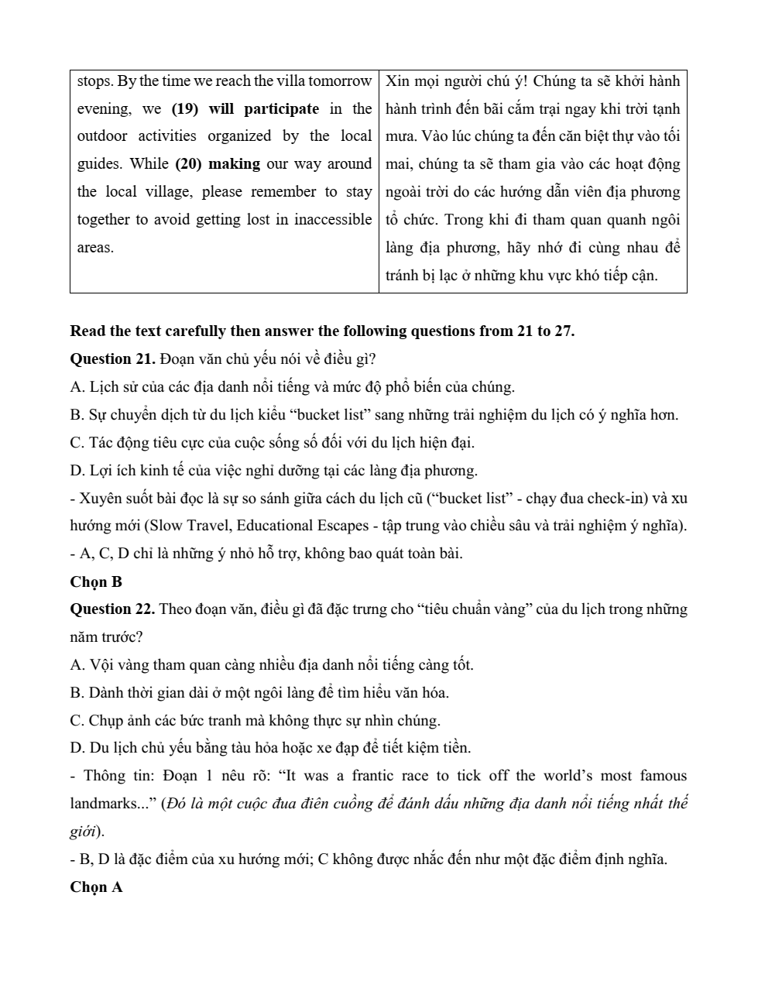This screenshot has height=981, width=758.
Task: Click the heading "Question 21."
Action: pyautogui.click(x=113, y=358)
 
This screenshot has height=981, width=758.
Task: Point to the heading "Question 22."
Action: pyautogui.click(x=113, y=609)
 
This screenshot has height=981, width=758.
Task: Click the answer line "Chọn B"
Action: pyautogui.click(x=96, y=581)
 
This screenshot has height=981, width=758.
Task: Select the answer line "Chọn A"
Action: pyautogui.click(x=96, y=887)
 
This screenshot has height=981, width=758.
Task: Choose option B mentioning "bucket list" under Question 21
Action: pyautogui.click(x=373, y=414)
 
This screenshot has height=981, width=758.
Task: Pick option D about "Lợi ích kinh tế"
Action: pyautogui.click(x=273, y=470)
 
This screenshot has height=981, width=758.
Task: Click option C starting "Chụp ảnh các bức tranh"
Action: pyautogui.click(x=255, y=720)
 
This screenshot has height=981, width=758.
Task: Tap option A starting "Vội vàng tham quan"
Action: pyautogui.click(x=271, y=664)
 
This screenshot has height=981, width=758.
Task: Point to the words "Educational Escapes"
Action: pyautogui.click(x=303, y=526)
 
